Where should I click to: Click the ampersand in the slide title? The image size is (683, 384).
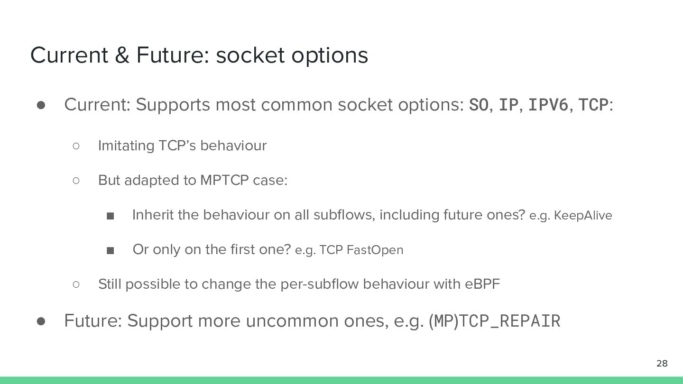122,55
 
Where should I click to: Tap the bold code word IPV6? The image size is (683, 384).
548,105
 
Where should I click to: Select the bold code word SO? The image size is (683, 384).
479,105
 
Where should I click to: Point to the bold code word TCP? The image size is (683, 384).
593,105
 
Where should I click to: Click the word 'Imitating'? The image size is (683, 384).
126,146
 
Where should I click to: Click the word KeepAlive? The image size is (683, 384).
582,215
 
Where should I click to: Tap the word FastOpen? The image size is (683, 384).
375,250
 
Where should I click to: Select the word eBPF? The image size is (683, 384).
482,284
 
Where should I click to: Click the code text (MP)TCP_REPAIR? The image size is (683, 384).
494,321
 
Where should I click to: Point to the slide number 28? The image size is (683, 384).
662,363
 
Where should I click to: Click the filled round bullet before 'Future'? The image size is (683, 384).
41,321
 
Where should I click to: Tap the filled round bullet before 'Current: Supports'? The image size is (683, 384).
41,105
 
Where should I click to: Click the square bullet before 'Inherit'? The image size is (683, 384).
110,216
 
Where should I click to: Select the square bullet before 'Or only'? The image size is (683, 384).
110,251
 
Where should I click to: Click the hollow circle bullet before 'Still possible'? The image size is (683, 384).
76,284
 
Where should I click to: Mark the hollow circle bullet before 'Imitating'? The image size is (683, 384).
76,146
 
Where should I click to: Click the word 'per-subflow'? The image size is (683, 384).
319,284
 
